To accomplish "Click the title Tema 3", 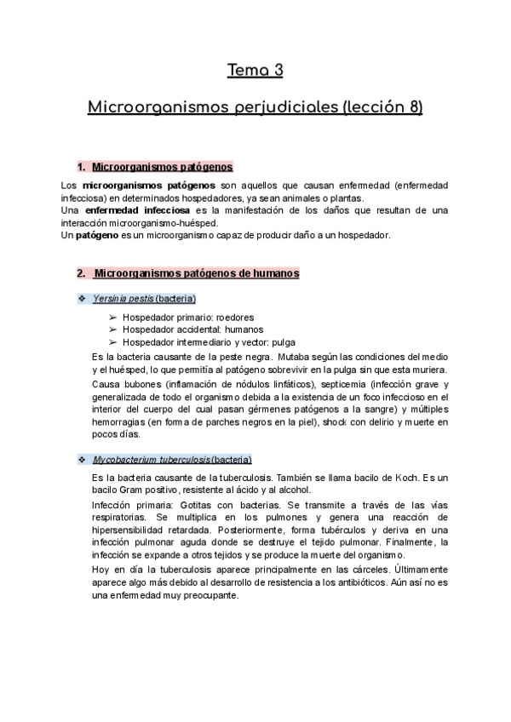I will tap(255, 71).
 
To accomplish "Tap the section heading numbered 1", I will tap(154, 168).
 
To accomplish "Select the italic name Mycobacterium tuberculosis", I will tap(151, 460).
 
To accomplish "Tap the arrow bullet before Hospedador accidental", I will tap(112, 329).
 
